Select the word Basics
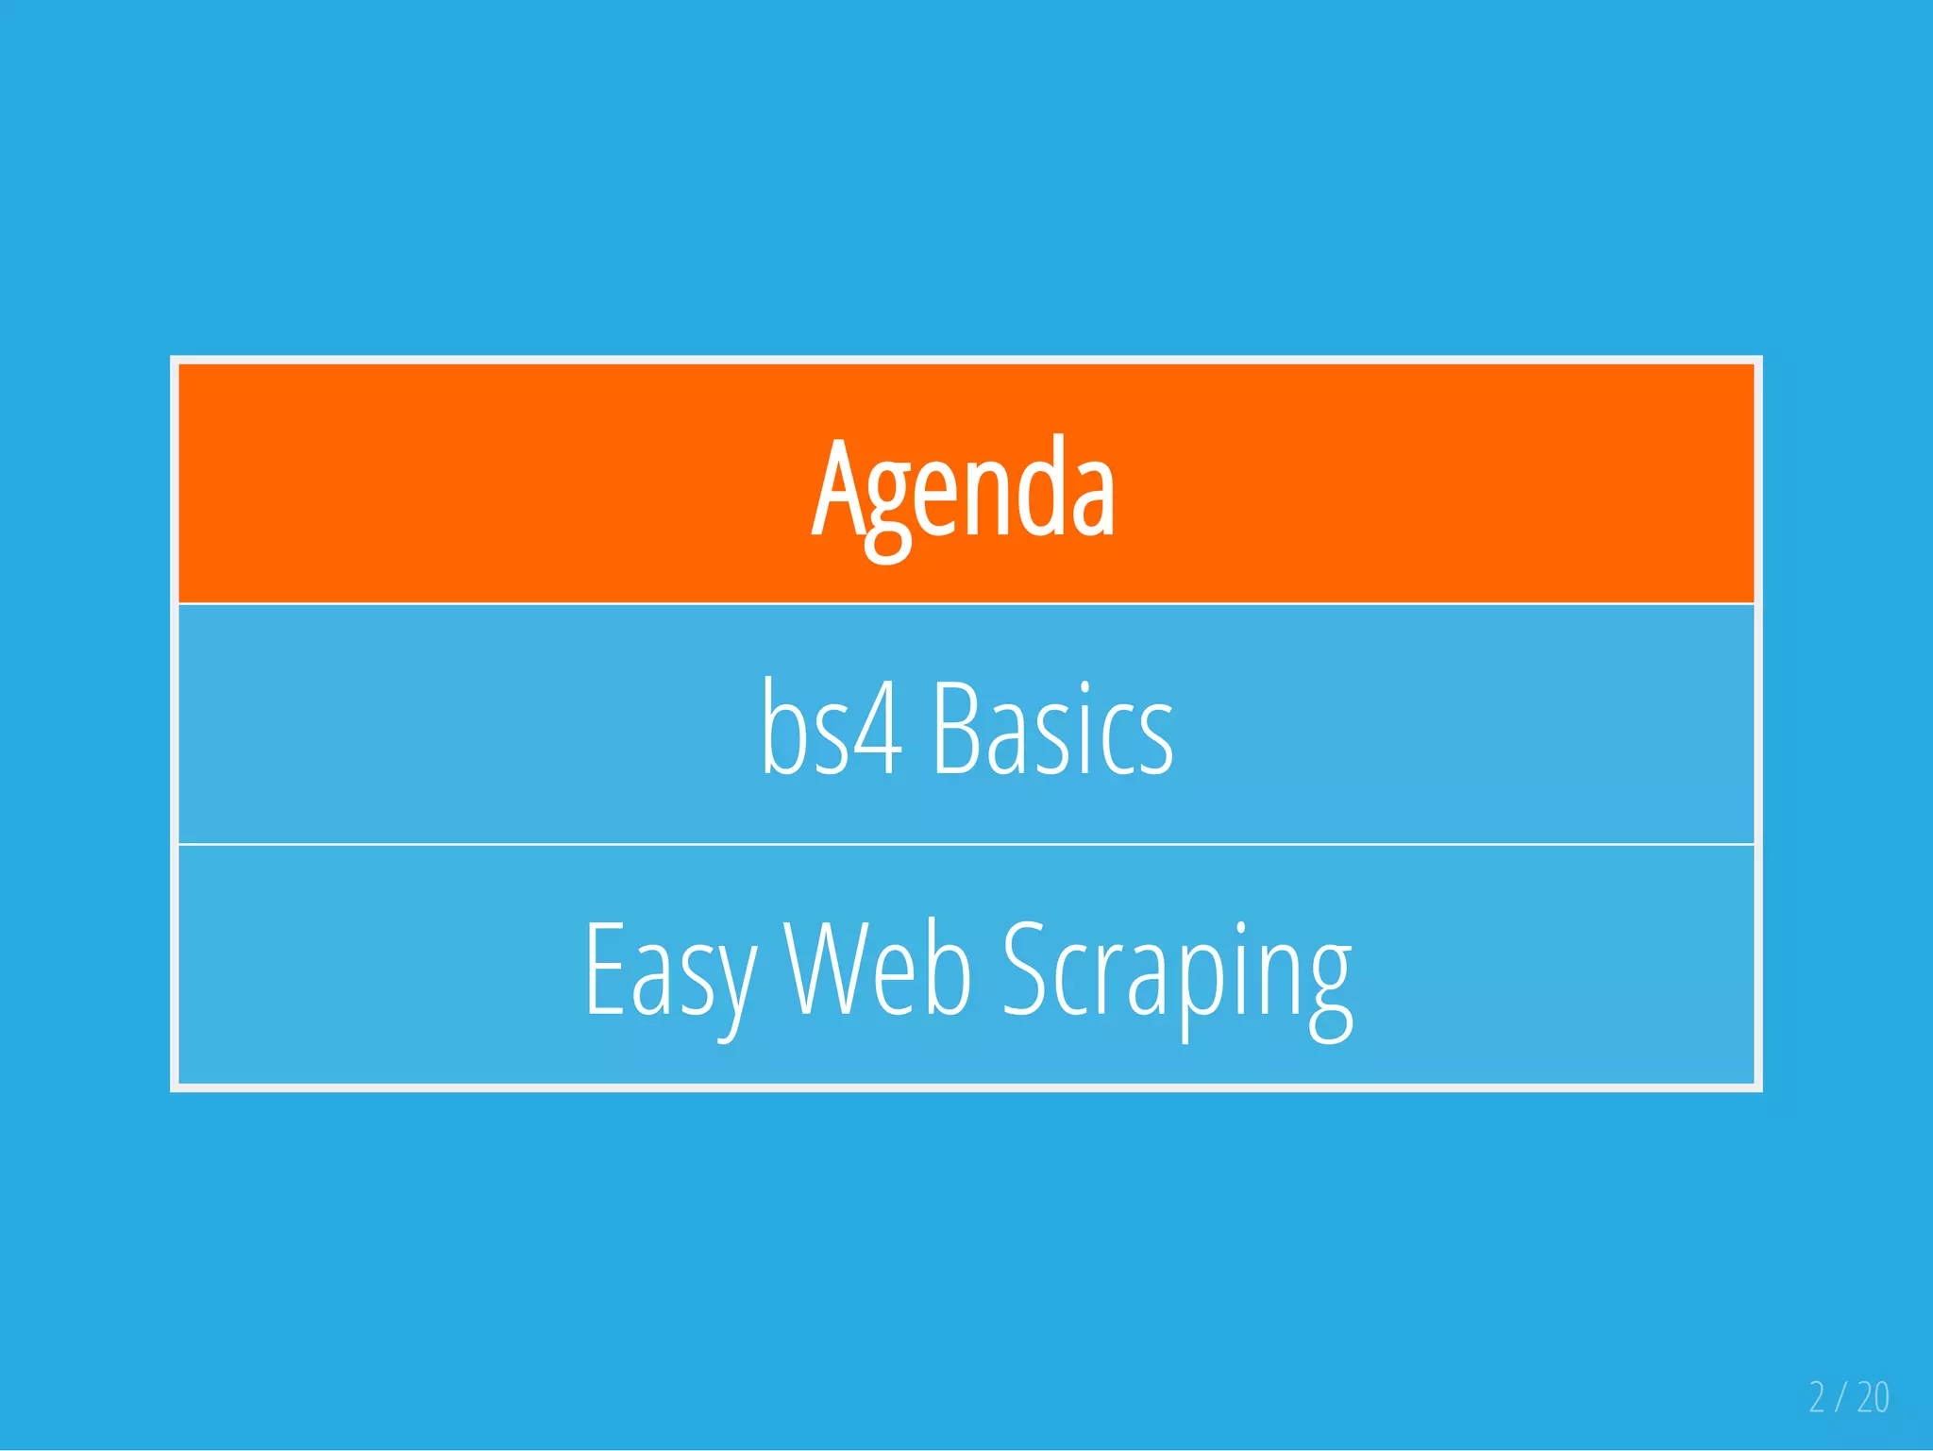coord(1052,729)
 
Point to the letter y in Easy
coord(732,982)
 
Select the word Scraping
coord(1176,972)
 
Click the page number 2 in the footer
coord(1817,1397)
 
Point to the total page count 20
coord(1873,1397)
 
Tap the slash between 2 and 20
coord(1841,1397)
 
